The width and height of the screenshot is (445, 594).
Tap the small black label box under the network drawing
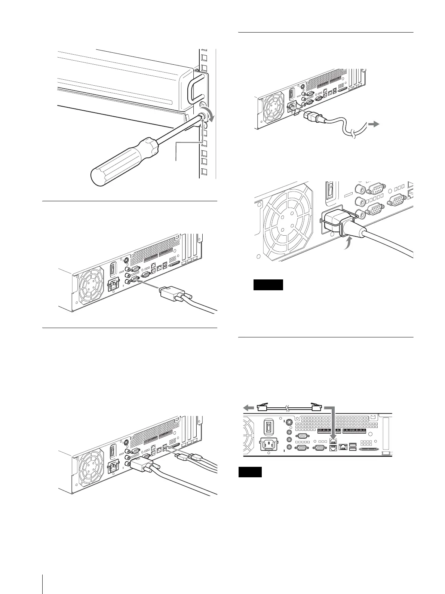coord(250,472)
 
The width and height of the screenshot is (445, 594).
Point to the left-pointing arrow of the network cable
coord(249,408)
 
